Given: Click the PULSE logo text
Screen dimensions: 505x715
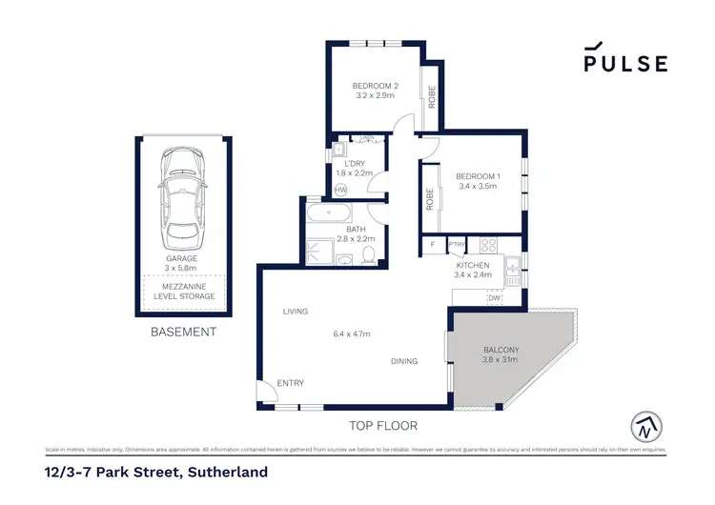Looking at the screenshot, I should click(x=625, y=64).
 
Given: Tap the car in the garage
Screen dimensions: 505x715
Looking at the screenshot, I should click(x=182, y=195).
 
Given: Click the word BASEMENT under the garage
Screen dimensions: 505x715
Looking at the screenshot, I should click(x=184, y=333).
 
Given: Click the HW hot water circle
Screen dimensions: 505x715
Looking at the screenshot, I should click(x=340, y=190).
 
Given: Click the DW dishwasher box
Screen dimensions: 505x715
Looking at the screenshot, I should click(x=494, y=298).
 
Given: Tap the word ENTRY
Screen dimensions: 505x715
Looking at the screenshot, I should click(x=290, y=383).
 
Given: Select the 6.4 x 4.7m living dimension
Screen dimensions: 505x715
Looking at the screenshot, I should click(x=351, y=333).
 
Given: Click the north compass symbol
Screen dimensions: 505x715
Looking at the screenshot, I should click(x=644, y=425).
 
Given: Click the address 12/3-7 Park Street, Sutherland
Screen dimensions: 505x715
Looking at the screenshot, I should click(x=155, y=472).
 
